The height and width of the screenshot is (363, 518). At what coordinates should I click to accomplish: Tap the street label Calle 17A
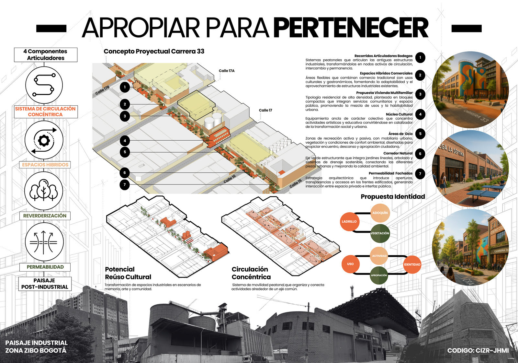point(226,71)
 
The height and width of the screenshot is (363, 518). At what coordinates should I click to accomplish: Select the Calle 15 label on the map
point(295,183)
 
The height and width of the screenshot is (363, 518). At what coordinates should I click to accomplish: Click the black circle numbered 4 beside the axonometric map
point(125,141)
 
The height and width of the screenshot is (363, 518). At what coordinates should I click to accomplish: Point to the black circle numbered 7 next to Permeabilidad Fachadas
point(420,174)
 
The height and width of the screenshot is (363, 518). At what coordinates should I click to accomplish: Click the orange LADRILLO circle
point(349,222)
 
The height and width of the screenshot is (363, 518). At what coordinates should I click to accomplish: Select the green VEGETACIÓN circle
point(380,233)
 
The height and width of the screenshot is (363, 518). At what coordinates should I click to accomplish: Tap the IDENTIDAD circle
point(412,264)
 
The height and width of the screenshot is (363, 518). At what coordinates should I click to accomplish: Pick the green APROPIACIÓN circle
point(379,275)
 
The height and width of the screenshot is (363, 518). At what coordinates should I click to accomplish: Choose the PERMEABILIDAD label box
point(45,267)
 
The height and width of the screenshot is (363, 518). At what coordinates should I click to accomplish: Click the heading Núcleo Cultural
point(399,114)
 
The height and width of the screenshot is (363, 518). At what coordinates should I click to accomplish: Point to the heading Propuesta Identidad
point(392,196)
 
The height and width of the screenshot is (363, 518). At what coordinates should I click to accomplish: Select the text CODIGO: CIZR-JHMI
point(478,350)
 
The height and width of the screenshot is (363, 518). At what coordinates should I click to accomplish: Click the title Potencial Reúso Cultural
point(128,273)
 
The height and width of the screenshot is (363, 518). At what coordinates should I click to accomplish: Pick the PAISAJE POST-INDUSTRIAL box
point(45,284)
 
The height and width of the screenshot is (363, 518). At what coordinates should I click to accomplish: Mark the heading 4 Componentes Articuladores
point(46,55)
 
